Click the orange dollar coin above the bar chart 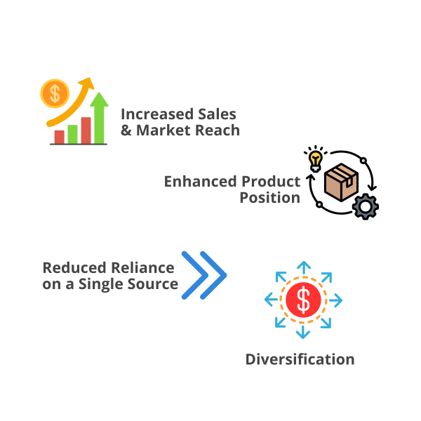pos(55,93)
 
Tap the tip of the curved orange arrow pos(91,81)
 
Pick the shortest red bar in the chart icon pos(60,136)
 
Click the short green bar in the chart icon pos(72,133)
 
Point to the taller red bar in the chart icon pos(86,130)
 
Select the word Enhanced pos(199,181)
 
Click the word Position pos(269,198)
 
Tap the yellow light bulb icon pos(316,160)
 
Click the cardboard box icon pos(341,182)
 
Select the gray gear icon pos(365,206)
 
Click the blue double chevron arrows pos(203,275)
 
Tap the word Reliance pos(140,267)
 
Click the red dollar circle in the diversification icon pos(303,300)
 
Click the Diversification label pos(300,359)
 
